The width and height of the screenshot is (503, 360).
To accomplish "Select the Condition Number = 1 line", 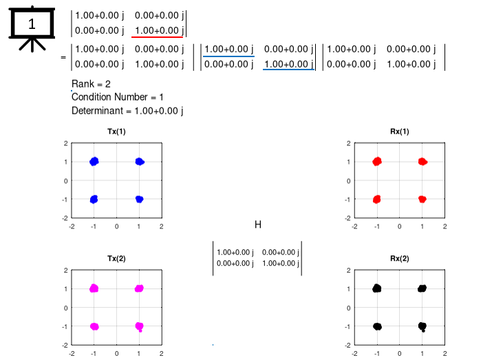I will click(x=117, y=97).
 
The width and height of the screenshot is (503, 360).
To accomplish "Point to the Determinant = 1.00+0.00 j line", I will click(x=127, y=110).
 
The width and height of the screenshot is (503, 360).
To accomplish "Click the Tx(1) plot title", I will click(x=116, y=131).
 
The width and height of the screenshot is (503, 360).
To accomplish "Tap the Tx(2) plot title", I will click(x=116, y=259).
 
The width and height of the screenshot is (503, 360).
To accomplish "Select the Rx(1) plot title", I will click(x=399, y=131).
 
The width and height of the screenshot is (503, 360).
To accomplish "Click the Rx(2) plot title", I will click(x=399, y=259).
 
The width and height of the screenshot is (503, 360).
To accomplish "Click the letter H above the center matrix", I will click(x=258, y=224).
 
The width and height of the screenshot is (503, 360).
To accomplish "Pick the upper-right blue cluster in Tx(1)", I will click(x=139, y=162).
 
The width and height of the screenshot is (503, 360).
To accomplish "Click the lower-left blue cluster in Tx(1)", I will click(x=94, y=199).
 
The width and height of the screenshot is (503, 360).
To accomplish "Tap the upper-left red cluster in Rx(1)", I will click(x=377, y=162).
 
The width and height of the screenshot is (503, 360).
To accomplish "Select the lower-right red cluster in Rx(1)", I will click(x=422, y=199).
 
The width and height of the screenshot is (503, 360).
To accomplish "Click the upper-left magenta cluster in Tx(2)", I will click(x=94, y=288).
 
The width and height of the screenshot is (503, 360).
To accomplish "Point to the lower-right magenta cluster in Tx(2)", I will click(x=139, y=326).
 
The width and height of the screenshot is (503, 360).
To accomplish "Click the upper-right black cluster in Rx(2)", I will click(x=422, y=288).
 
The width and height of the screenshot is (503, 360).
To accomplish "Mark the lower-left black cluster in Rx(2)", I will click(x=377, y=326).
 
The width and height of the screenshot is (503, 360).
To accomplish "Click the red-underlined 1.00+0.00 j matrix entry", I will click(x=158, y=30).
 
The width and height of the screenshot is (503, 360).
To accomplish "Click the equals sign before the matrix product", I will click(x=63, y=58).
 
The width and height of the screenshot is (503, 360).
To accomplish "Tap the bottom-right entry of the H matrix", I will click(x=279, y=263).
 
